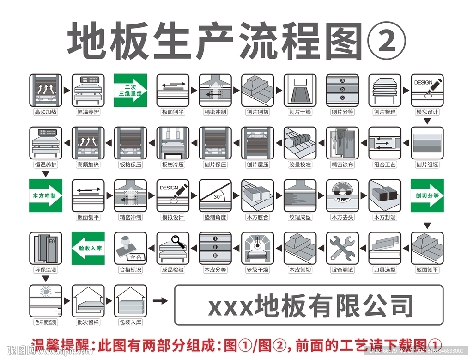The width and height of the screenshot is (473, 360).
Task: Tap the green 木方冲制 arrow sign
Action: pos(45,195)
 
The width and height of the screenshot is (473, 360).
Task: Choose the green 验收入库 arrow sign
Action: pos(88,248)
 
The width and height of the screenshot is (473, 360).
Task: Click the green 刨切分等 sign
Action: pos(427,195)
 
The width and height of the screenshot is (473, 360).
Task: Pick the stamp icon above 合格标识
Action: pos(130,248)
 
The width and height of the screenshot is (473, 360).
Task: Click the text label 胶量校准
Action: pos(300,165)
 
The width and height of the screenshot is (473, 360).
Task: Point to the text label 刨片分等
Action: pos(342,112)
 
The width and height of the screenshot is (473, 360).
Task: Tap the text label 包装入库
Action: pos(130,322)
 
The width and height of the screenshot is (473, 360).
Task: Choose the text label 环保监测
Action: pos(45,269)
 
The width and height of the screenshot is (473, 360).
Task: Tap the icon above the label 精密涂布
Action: pos(342,143)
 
